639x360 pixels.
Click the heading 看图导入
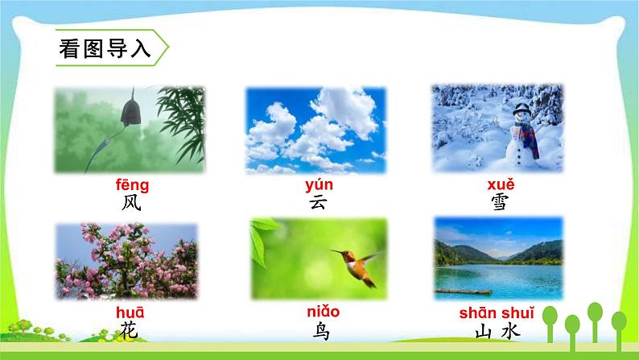pyautogui.click(x=105, y=49)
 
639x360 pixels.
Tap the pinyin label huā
pyautogui.click(x=130, y=313)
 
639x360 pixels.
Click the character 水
pyautogui.click(x=510, y=331)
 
